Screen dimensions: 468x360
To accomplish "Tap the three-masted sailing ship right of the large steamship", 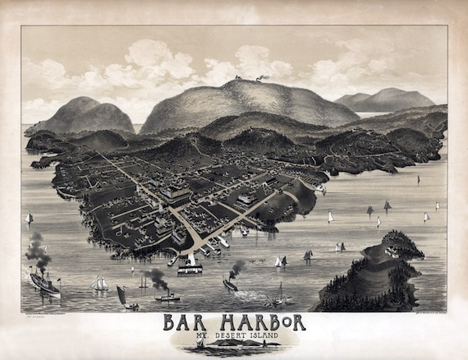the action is [x=99, y=284].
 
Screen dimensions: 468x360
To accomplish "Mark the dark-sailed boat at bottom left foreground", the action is [x=122, y=297].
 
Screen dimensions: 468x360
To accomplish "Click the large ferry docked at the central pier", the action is [x=190, y=265].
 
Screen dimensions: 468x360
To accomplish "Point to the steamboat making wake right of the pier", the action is [x=229, y=284].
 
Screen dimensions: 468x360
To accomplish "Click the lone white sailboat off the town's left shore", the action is [x=30, y=219].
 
